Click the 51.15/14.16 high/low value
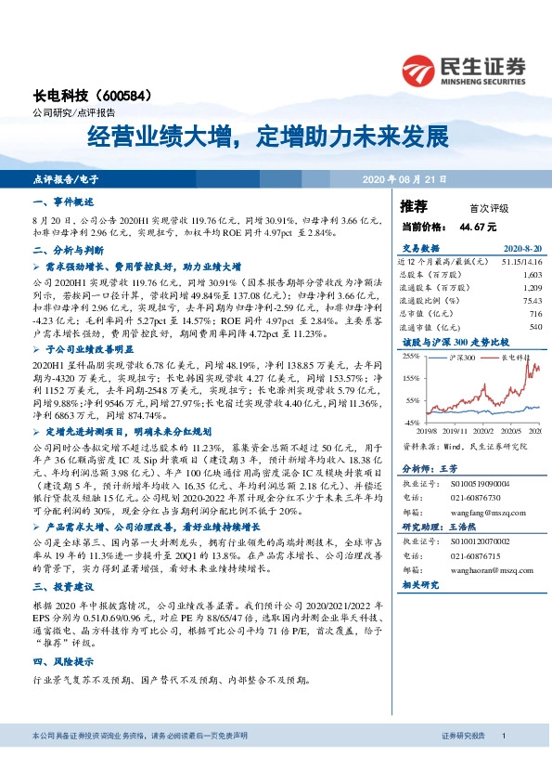520,263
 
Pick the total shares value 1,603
532,276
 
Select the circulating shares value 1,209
532,289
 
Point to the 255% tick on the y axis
410,356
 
